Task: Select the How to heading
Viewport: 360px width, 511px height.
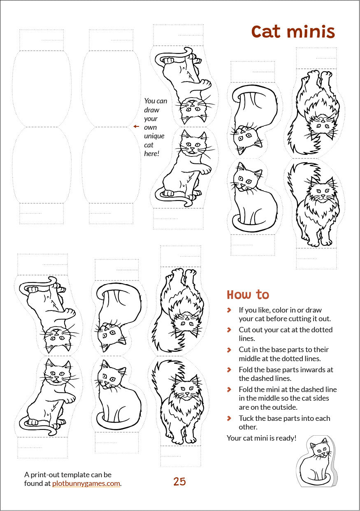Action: point(248,294)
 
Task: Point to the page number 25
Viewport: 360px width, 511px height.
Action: point(179,481)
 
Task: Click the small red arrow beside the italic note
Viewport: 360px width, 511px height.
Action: point(136,126)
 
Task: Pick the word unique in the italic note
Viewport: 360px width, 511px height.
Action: point(154,136)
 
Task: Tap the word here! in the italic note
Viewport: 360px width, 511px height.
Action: point(152,154)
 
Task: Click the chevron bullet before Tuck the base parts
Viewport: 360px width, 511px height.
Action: point(229,418)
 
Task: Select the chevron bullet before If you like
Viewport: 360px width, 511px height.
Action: point(229,310)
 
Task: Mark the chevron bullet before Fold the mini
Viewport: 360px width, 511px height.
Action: point(229,389)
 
